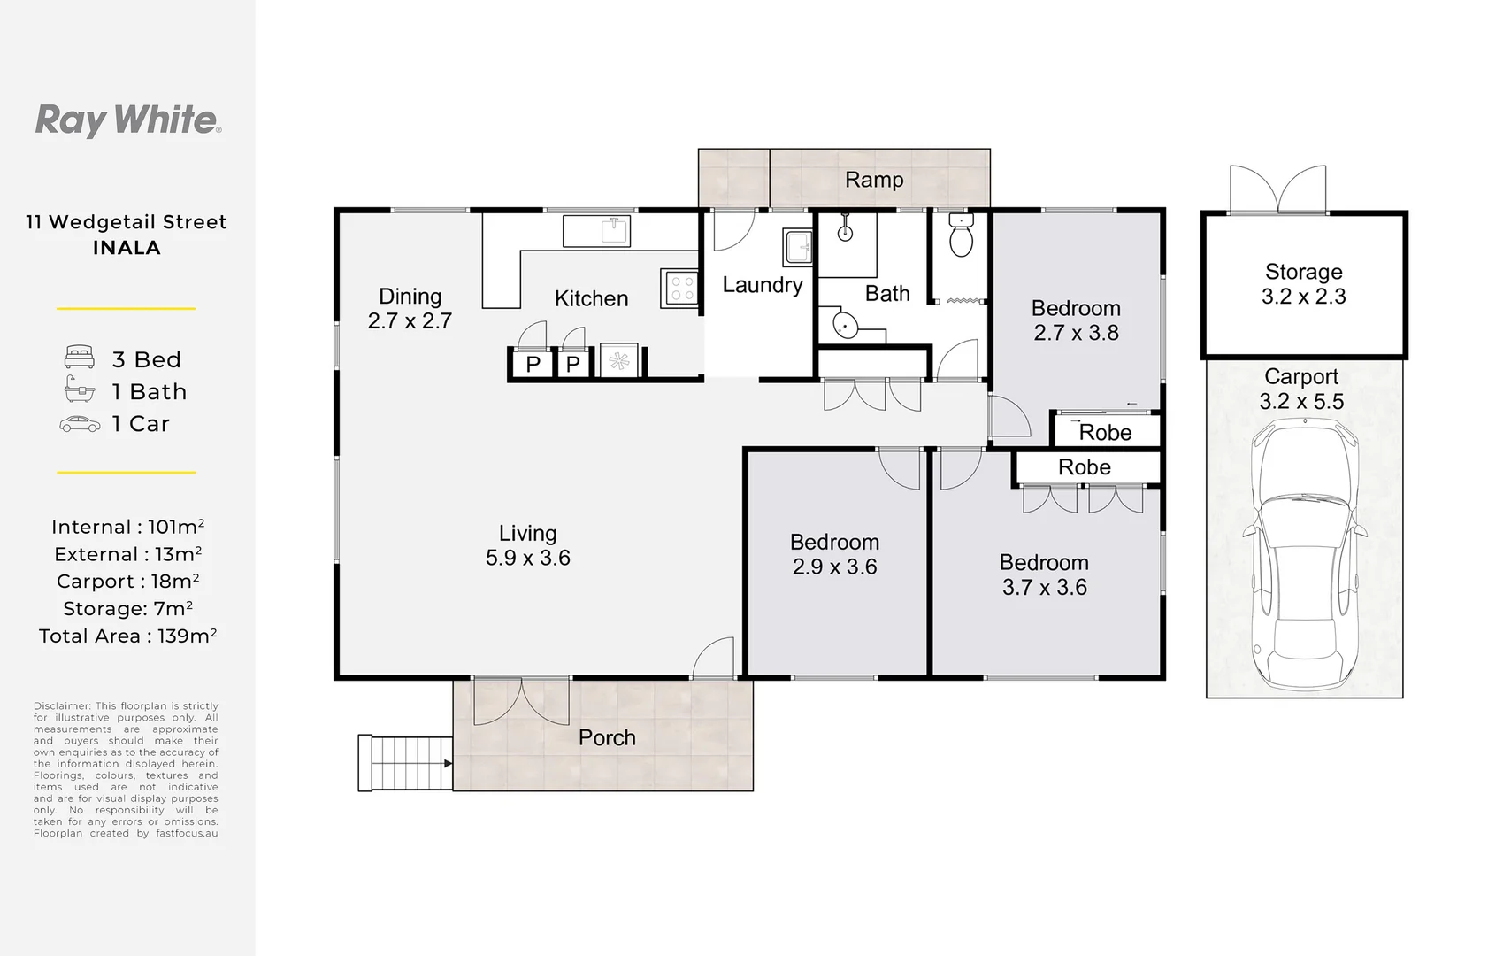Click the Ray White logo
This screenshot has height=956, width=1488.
coord(127,119)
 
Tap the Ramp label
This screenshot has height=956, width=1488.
coord(873,180)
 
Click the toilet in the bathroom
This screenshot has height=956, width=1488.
coord(960,235)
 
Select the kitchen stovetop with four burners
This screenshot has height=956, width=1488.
coord(681,289)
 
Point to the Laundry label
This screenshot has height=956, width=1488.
coord(762,285)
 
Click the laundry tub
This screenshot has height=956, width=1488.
coord(798,247)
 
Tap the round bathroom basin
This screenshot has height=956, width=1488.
coord(845,326)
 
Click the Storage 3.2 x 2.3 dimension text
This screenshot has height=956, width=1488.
coord(1303,297)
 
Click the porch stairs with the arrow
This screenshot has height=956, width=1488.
coord(405,763)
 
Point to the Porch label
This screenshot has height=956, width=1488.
coord(607,737)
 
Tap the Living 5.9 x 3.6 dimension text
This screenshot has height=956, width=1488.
coord(527,558)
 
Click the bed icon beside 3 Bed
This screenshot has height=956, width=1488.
coord(80,358)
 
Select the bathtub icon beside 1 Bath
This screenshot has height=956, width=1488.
coord(80,390)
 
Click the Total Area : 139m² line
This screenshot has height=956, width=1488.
coord(127,636)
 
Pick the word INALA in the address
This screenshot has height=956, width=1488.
coord(127,248)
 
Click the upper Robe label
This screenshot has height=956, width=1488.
coord(1105,432)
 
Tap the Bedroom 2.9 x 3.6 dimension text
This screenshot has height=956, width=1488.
coord(834,567)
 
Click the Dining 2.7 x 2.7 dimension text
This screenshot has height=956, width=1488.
coord(410,320)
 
